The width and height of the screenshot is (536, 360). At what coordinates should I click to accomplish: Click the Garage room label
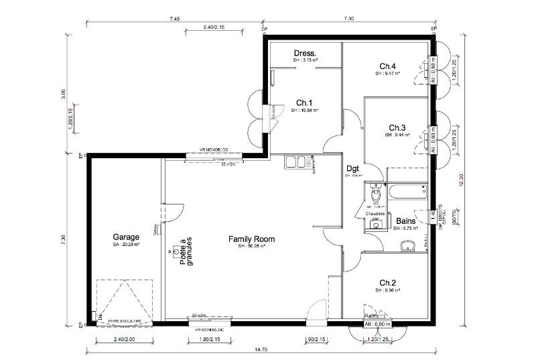click(126, 237)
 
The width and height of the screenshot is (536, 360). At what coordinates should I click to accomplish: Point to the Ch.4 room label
click(388, 66)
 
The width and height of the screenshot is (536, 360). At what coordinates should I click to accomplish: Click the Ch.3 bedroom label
click(397, 127)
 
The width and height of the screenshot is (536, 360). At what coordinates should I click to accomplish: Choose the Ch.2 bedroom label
click(388, 282)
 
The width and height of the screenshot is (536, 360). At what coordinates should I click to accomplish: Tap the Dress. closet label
click(306, 53)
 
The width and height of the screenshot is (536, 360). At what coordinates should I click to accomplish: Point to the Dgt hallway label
click(353, 169)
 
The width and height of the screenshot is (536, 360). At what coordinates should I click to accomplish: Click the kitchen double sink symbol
click(295, 162)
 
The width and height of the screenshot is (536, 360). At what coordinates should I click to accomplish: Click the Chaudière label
click(375, 215)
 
